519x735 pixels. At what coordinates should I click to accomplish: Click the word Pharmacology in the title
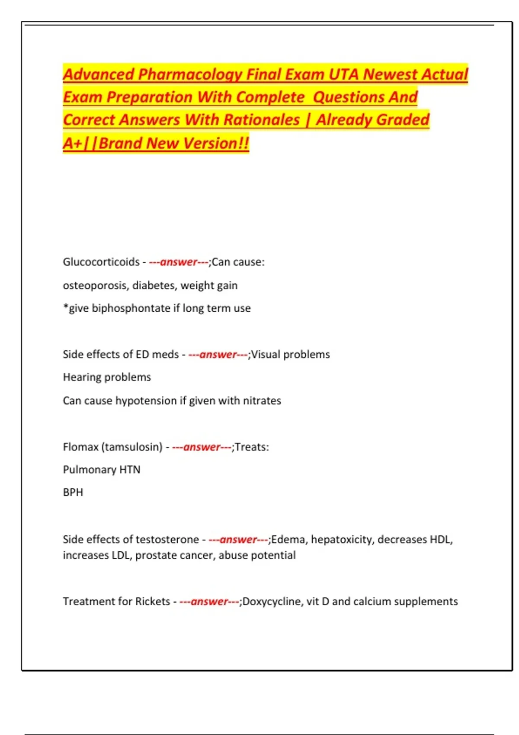(190, 74)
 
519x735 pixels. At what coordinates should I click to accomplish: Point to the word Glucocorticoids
(101, 262)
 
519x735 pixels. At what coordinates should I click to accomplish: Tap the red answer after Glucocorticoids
(179, 262)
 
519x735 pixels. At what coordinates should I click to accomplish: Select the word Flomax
(80, 447)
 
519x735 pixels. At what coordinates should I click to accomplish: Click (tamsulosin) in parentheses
(132, 447)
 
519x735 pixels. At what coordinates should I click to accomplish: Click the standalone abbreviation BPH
(73, 492)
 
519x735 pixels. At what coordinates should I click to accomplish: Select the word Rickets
(153, 601)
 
